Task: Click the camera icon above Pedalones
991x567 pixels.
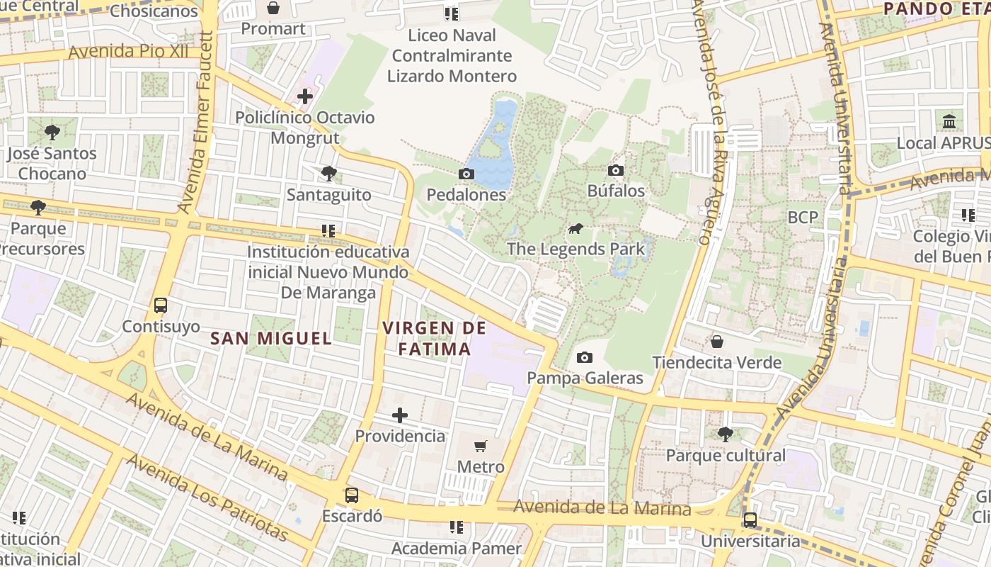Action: [466, 174]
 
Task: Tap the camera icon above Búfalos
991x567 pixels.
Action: [616, 170]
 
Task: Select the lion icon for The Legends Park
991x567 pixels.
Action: [575, 229]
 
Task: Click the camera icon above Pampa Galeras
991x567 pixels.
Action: [584, 357]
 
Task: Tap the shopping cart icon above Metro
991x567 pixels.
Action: [481, 446]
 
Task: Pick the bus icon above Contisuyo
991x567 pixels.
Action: [161, 305]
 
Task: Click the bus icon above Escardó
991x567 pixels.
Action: [352, 495]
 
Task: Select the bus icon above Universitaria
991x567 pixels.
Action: [750, 520]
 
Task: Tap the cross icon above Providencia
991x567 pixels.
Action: [400, 415]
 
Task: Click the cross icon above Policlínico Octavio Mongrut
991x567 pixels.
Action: [305, 96]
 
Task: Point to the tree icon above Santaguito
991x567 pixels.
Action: [328, 173]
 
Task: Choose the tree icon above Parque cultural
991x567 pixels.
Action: [726, 434]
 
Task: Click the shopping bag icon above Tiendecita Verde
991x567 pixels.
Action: [717, 342]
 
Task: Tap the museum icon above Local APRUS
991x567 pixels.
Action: [949, 121]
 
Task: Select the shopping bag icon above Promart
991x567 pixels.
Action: [273, 8]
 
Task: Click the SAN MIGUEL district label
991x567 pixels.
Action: [271, 339]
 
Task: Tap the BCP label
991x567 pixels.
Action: [803, 217]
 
